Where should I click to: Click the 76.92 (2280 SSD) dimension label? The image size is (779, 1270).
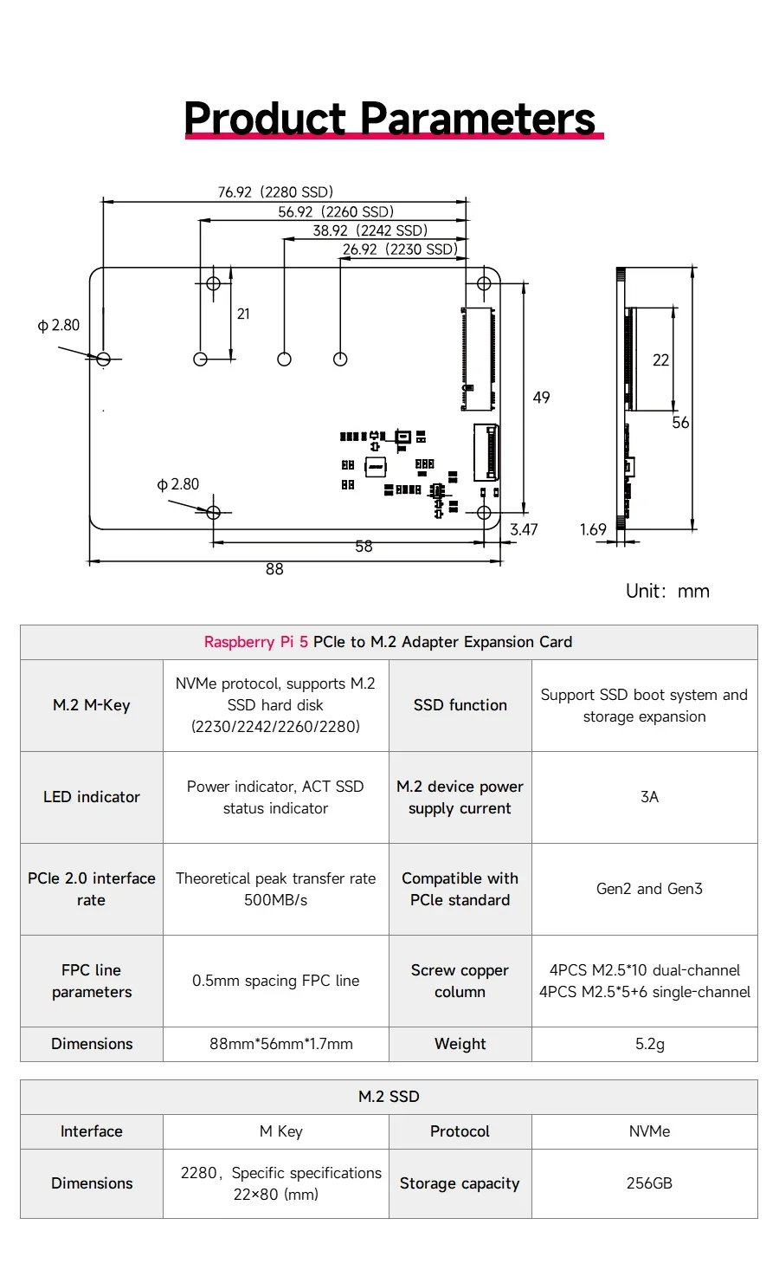[x=275, y=192]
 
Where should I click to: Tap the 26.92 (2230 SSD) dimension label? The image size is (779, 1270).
[x=400, y=249]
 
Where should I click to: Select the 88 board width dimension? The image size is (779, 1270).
[x=274, y=569]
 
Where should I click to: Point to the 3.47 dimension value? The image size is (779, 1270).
[x=524, y=529]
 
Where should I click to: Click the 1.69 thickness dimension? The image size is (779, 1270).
[x=593, y=529]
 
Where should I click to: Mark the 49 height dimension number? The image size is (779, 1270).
[x=541, y=398]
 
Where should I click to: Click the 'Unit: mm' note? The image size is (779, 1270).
[x=667, y=592]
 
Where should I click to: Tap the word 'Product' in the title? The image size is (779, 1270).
[x=265, y=118]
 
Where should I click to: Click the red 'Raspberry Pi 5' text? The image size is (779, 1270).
[x=256, y=642]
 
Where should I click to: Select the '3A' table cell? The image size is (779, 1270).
[x=649, y=797]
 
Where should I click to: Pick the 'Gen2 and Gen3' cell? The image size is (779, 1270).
[x=649, y=889]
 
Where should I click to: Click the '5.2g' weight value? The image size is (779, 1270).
[x=649, y=1044]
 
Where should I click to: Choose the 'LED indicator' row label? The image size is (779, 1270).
[x=91, y=797]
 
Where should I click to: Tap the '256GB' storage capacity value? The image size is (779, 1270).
[x=649, y=1183]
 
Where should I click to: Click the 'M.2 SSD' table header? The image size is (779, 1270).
[x=389, y=1097]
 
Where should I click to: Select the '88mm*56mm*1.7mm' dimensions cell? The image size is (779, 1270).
[x=281, y=1044]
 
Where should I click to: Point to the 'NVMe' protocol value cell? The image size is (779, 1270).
[x=649, y=1131]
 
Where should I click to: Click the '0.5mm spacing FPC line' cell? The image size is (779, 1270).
[x=276, y=981]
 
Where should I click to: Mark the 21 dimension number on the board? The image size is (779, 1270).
[x=243, y=314]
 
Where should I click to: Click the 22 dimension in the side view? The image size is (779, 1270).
[x=660, y=360]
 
